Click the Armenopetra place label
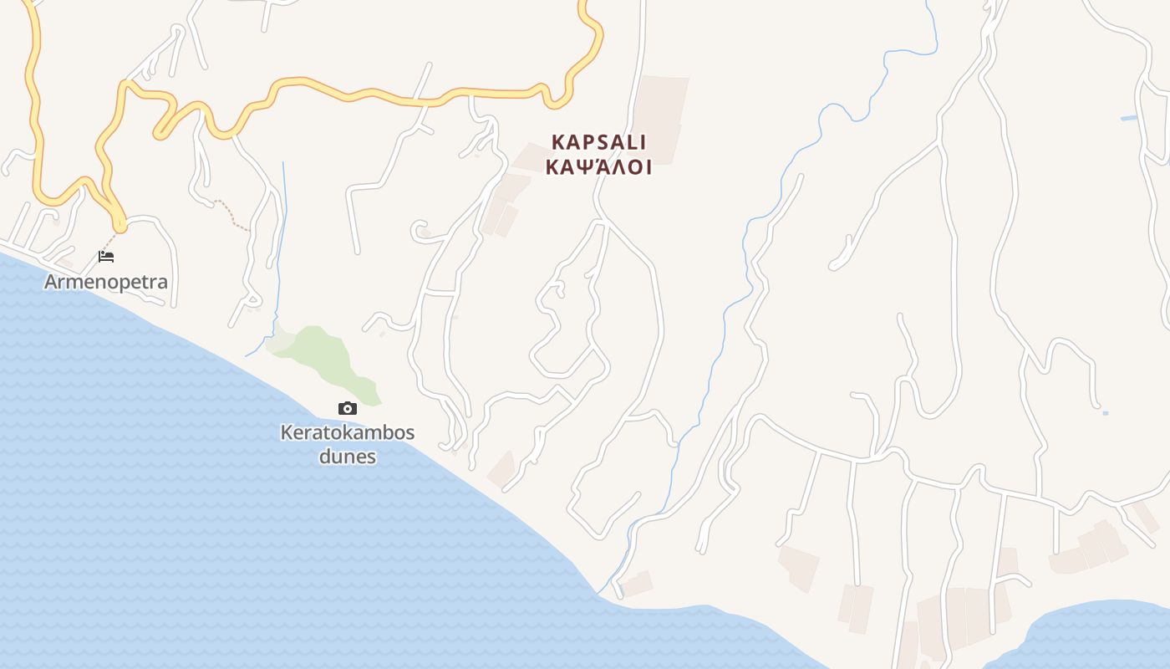106,282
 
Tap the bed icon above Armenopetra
106,256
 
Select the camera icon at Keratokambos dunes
348,408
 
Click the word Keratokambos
348,433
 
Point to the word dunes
348,457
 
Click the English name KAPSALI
598,142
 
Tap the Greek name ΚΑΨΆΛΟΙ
598,166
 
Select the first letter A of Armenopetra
50,282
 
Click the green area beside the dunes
322,351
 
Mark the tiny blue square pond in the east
1106,413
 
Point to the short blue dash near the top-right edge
1129,118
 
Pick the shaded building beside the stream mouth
638,583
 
